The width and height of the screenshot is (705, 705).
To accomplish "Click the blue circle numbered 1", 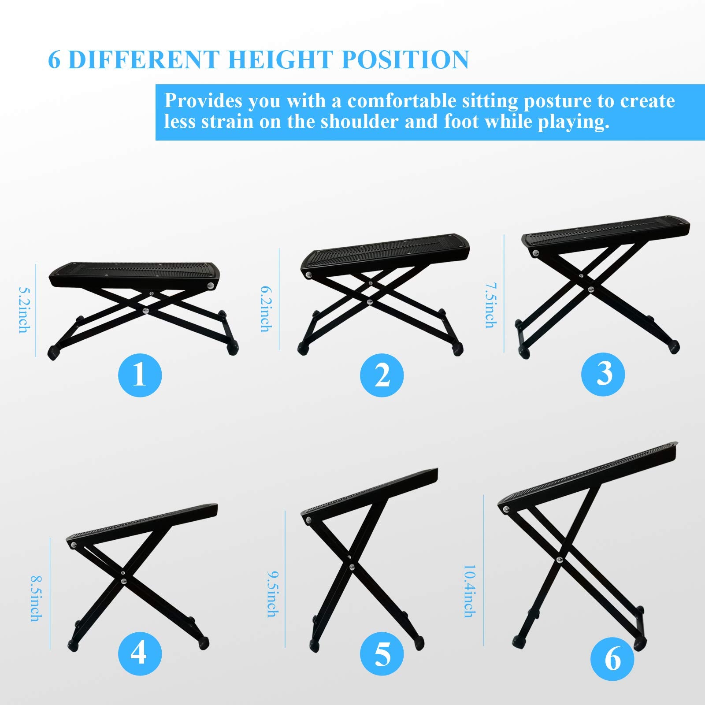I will pyautogui.click(x=140, y=375).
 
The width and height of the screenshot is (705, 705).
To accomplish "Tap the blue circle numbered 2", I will pyautogui.click(x=382, y=375).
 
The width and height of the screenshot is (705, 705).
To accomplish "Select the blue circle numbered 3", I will pyautogui.click(x=603, y=374).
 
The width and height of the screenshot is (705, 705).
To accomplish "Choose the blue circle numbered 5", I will pyautogui.click(x=382, y=653).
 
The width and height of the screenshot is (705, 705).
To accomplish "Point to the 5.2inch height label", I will pyautogui.click(x=24, y=310).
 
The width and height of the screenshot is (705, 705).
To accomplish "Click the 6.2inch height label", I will pyautogui.click(x=266, y=309).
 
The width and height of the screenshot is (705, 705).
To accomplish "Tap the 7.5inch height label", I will pyautogui.click(x=490, y=305).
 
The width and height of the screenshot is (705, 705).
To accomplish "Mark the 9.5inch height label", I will pyautogui.click(x=273, y=594).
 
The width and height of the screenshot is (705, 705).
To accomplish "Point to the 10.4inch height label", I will pyautogui.click(x=470, y=591).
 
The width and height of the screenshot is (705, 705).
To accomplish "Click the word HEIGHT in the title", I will pyautogui.click(x=280, y=59).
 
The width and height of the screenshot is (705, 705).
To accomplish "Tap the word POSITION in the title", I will pyautogui.click(x=405, y=59).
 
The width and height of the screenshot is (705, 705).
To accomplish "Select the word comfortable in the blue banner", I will pyautogui.click(x=402, y=101).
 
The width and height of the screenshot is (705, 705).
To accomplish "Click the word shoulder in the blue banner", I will pyautogui.click(x=359, y=121).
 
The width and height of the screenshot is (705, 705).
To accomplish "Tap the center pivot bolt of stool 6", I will pyautogui.click(x=559, y=560).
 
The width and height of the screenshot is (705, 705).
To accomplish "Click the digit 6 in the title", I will pyautogui.click(x=54, y=60).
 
